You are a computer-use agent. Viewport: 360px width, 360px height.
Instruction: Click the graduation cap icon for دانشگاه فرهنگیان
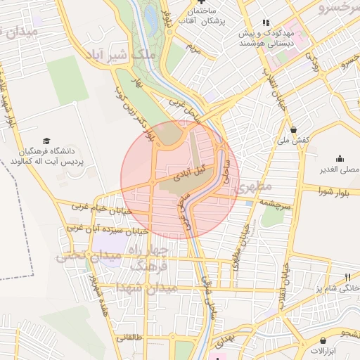click(x=46, y=141)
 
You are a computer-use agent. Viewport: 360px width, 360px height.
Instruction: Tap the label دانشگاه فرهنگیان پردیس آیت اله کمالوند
click(x=46, y=156)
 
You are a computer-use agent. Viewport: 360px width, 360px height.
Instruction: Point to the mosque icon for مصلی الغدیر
click(x=340, y=158)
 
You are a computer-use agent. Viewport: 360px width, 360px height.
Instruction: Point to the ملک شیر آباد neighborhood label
click(x=119, y=55)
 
